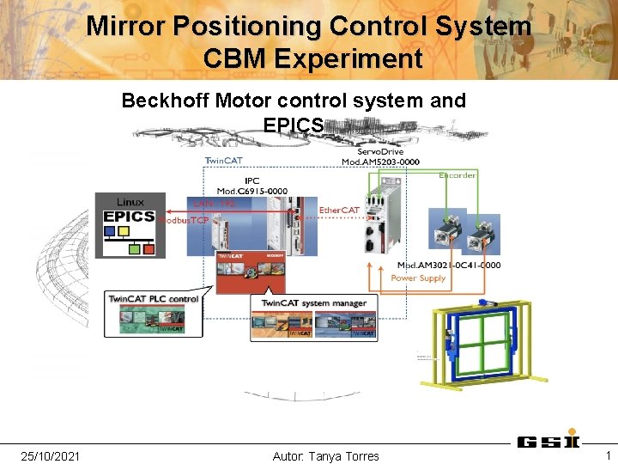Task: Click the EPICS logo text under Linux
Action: tap(129, 217)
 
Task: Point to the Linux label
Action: tap(130, 201)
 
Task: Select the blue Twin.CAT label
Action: tap(222, 161)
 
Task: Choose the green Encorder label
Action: tap(457, 175)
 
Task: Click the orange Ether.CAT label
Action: tap(339, 210)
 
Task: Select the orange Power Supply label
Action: tap(418, 278)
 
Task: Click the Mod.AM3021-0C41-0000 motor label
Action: tap(448, 266)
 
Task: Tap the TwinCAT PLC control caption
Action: tap(154, 299)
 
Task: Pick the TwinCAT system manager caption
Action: tap(313, 302)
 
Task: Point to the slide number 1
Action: tap(607, 455)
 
